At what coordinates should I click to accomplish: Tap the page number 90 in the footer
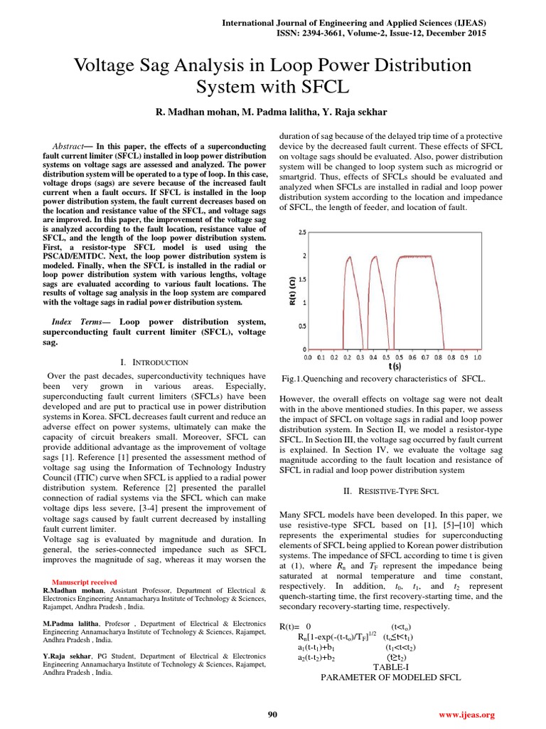(272, 714)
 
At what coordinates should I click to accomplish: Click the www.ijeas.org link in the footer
(466, 714)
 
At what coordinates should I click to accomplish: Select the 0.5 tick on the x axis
(386, 357)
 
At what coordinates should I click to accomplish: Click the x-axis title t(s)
(395, 367)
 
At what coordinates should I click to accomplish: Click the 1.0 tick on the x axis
(477, 357)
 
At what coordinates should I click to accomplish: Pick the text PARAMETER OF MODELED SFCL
(391, 677)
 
